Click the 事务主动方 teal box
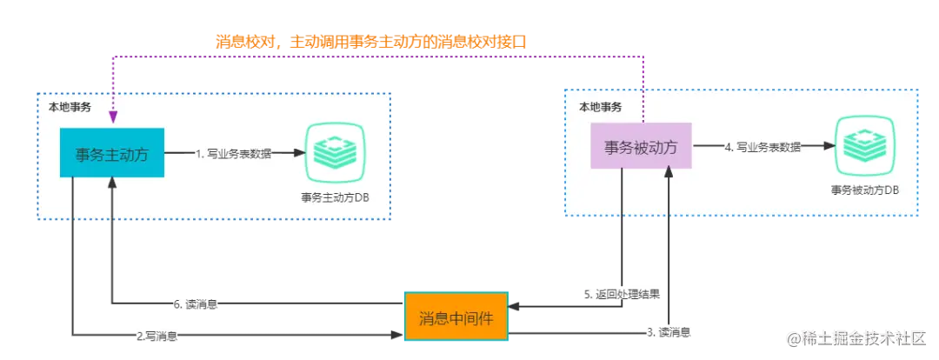[x=112, y=154]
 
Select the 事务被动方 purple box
[x=642, y=146]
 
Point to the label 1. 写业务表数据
[x=233, y=154]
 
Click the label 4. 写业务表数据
[x=763, y=147]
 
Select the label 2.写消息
[x=156, y=335]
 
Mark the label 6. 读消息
[x=195, y=303]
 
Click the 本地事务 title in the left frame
[x=68, y=107]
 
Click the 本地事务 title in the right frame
[x=601, y=107]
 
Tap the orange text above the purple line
[x=372, y=40]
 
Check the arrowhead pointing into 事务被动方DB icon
[x=822, y=146]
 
